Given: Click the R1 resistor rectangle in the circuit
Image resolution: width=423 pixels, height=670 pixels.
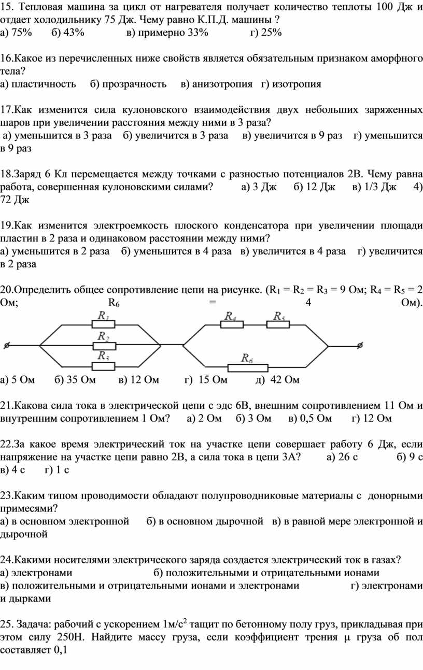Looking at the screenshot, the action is pyautogui.click(x=103, y=324).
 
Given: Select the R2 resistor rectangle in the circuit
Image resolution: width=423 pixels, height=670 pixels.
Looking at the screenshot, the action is pyautogui.click(x=104, y=346).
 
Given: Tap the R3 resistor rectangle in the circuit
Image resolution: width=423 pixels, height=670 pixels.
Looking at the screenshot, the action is pyautogui.click(x=103, y=366).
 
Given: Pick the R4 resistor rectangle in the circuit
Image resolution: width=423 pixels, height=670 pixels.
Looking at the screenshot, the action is pyautogui.click(x=232, y=324).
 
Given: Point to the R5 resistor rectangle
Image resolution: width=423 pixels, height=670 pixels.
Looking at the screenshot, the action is pyautogui.click(x=278, y=324).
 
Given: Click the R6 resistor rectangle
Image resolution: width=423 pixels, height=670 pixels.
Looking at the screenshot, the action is pyautogui.click(x=248, y=367).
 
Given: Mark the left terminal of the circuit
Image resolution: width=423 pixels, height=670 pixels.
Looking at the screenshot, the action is pyautogui.click(x=7, y=346).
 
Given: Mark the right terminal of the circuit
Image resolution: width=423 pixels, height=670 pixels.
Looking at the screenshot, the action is pyautogui.click(x=360, y=346).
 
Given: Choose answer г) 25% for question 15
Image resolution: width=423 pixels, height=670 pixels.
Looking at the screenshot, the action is pyautogui.click(x=265, y=32).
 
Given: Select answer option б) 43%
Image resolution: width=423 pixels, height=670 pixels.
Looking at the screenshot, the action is pyautogui.click(x=67, y=32).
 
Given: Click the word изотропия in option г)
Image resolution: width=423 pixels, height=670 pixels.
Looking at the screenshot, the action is pyautogui.click(x=297, y=84).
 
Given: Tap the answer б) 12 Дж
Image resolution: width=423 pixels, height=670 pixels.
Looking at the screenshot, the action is pyautogui.click(x=315, y=187).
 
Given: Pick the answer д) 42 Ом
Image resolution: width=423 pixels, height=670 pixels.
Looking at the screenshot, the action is pyautogui.click(x=278, y=380).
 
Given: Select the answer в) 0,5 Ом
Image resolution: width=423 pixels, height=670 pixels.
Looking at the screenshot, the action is pyautogui.click(x=310, y=418).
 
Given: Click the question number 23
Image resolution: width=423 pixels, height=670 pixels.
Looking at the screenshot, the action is pyautogui.click(x=6, y=495).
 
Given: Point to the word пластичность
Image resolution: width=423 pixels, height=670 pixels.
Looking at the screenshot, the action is pyautogui.click(x=44, y=84).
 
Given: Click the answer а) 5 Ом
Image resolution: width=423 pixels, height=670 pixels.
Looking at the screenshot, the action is pyautogui.click(x=17, y=380).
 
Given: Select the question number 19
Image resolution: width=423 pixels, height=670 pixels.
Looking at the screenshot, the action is pyautogui.click(x=6, y=225).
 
